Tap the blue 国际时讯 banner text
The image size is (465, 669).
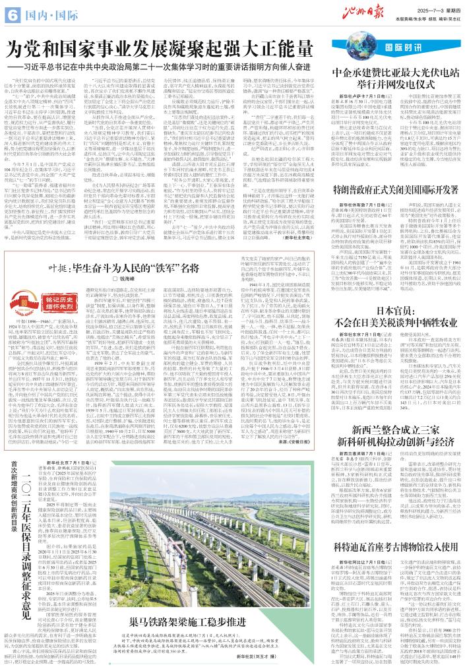pos(402,49)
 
